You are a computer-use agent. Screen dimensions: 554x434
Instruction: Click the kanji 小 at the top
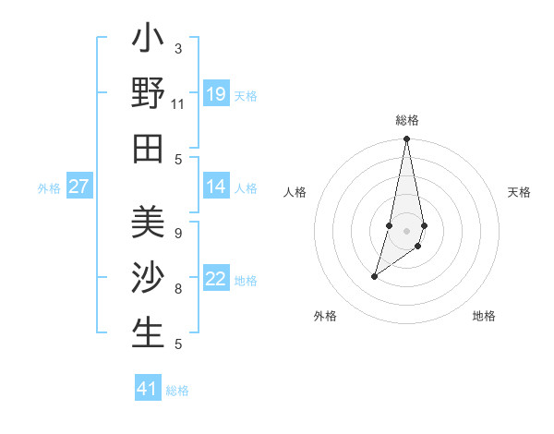pos(148,41)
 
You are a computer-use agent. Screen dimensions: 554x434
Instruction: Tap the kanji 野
pos(148,94)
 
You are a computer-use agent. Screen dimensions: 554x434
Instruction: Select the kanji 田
pos(148,148)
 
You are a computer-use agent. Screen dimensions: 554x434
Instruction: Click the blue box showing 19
pos(216,94)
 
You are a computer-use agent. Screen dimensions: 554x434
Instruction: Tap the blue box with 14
pos(216,187)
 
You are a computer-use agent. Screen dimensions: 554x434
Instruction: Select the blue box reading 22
pos(216,280)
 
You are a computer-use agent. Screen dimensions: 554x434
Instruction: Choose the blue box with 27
pos(79,187)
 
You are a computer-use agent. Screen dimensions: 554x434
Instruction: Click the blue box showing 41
pos(148,389)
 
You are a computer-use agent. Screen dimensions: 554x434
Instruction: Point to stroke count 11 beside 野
pos(178,104)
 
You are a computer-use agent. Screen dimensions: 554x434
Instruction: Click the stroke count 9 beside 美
pos(178,234)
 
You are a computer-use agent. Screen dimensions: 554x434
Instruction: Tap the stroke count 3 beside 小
pos(178,48)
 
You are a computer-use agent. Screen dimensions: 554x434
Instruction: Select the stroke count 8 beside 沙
pos(178,289)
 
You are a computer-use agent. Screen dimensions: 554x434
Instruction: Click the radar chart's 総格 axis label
pos(406,121)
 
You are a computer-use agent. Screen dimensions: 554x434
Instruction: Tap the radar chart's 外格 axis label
pos(324,316)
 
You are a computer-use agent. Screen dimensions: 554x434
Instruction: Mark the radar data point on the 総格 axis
pos(406,139)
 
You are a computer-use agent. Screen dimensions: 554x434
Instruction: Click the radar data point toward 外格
pos(374,276)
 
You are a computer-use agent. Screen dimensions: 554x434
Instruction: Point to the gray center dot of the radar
pos(406,230)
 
